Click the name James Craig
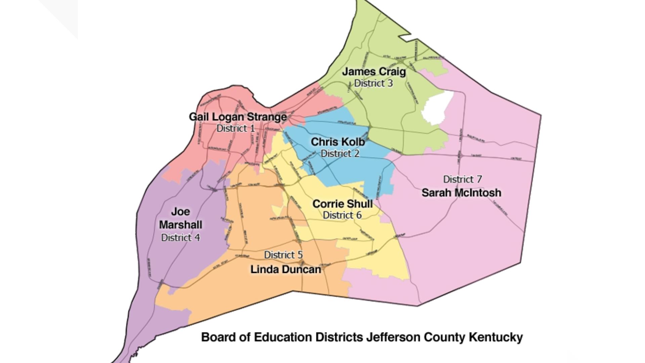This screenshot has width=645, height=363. click(374, 72)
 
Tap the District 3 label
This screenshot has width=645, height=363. click(373, 83)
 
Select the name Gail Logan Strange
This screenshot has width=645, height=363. click(238, 117)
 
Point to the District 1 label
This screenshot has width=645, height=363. click(235, 128)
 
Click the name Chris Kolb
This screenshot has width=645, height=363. click(338, 142)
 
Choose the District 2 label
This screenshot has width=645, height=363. click(340, 153)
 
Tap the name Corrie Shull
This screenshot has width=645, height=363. click(342, 204)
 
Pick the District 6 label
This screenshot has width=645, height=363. click(342, 215)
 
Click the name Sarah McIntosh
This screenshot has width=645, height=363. click(461, 193)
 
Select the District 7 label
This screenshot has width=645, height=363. click(462, 179)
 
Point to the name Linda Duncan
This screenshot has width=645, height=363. click(286, 269)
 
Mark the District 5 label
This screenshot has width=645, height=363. click(283, 255)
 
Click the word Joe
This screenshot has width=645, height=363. click(180, 211)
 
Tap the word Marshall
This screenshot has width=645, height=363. click(180, 225)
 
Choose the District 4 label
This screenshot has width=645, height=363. click(180, 238)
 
